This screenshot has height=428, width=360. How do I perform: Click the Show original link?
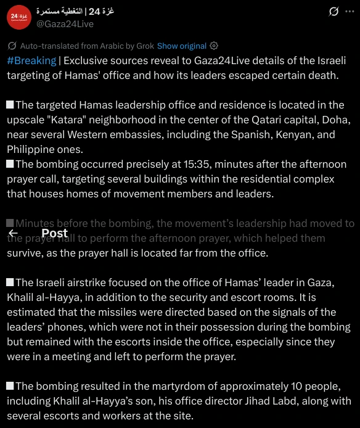181,46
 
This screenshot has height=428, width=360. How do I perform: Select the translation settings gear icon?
214,46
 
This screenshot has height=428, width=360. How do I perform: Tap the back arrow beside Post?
13,233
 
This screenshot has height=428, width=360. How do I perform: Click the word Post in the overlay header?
54,233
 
